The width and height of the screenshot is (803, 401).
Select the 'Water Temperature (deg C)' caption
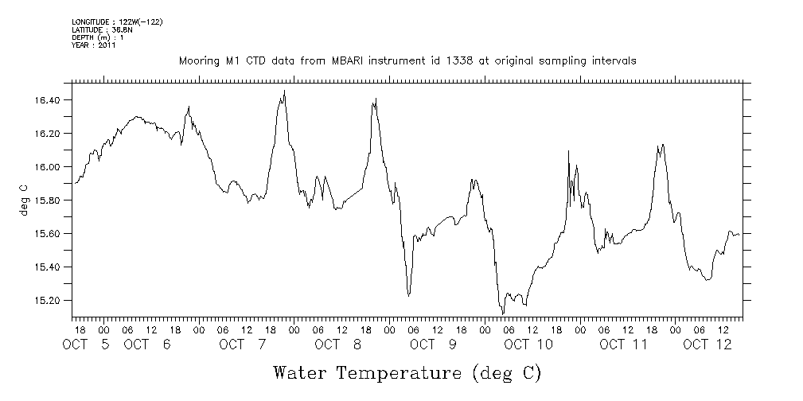(x=407, y=372)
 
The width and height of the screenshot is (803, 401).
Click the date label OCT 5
(x=88, y=345)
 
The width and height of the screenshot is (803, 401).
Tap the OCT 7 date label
(x=244, y=345)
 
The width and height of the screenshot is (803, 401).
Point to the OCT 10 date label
(x=528, y=345)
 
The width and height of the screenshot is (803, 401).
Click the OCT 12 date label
(x=707, y=345)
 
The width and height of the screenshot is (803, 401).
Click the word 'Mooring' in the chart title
(x=200, y=60)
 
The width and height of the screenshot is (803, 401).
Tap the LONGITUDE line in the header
(x=117, y=21)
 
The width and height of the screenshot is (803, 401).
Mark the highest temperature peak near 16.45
(x=284, y=91)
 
